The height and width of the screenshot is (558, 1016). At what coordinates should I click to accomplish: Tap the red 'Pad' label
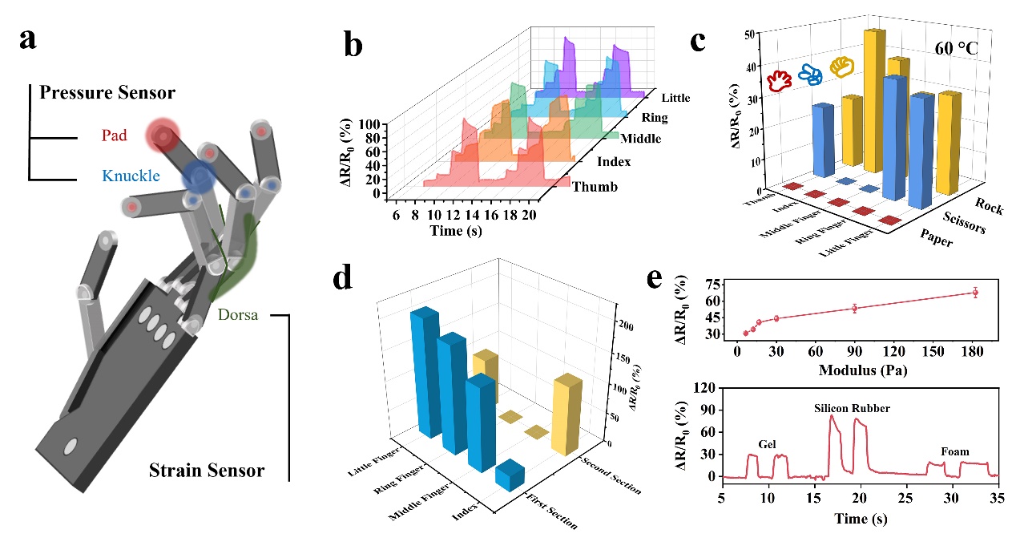pos(114,136)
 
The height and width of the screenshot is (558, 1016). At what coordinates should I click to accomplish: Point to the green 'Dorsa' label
pos(238,315)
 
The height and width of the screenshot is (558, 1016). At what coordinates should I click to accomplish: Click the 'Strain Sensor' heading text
pos(207,470)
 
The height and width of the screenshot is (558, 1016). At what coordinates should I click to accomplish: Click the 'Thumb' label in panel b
pos(595,188)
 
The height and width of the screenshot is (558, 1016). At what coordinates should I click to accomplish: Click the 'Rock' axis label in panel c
pos(990,204)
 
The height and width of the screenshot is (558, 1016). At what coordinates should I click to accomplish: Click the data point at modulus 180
pos(975,293)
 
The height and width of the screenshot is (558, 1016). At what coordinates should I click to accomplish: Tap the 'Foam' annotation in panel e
pos(954,451)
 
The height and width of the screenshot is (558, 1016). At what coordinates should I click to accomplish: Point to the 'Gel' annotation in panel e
pos(768,443)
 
